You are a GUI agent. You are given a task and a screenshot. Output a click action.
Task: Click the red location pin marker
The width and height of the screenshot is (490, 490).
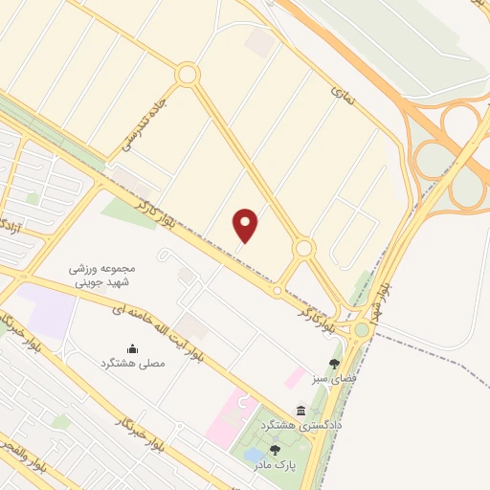247,225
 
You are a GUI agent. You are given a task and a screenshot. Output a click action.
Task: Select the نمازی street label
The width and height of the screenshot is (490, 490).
342,94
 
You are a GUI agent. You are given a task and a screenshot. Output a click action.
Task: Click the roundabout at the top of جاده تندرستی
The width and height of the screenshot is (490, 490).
187,74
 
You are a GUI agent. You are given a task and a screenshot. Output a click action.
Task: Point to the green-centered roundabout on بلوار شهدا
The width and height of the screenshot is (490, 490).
361,330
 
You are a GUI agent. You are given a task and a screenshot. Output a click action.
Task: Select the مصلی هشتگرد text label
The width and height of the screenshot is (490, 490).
133,364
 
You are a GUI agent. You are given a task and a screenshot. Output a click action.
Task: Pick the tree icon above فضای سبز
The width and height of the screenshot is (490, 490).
333,363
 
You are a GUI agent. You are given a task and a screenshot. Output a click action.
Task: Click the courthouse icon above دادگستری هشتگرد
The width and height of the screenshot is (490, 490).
301,409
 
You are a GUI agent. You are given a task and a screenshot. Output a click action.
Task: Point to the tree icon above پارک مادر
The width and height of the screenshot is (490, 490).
276,449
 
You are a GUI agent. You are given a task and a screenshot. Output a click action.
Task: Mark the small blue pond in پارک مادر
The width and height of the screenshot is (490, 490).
253,454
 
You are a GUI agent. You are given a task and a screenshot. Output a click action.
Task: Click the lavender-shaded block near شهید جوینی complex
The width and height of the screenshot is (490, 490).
48,310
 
